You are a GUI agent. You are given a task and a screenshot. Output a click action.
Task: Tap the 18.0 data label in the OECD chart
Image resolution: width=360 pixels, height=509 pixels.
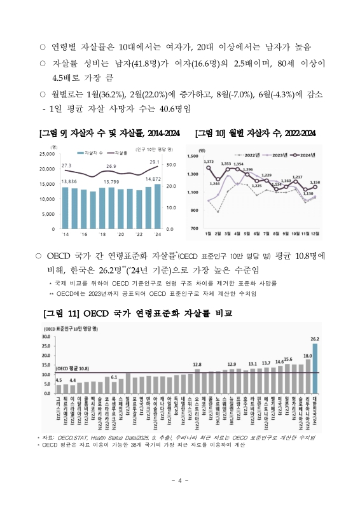click(x=307, y=356)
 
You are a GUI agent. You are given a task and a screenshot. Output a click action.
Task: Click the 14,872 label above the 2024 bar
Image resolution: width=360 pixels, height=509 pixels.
click(x=153, y=179)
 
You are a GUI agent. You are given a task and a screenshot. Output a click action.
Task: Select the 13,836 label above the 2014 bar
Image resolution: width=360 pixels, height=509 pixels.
click(x=69, y=182)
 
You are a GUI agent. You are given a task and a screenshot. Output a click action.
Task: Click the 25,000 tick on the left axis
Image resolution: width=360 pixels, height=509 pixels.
click(x=46, y=154)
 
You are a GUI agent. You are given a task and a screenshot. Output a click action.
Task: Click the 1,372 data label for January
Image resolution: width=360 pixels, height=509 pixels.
click(x=209, y=162)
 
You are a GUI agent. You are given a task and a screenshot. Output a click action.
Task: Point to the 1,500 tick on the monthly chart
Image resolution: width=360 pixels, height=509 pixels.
click(x=193, y=156)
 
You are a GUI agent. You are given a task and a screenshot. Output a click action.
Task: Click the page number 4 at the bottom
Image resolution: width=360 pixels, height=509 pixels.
click(x=180, y=480)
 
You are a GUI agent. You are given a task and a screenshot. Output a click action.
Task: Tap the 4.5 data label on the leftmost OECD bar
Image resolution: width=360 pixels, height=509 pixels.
click(x=59, y=380)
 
